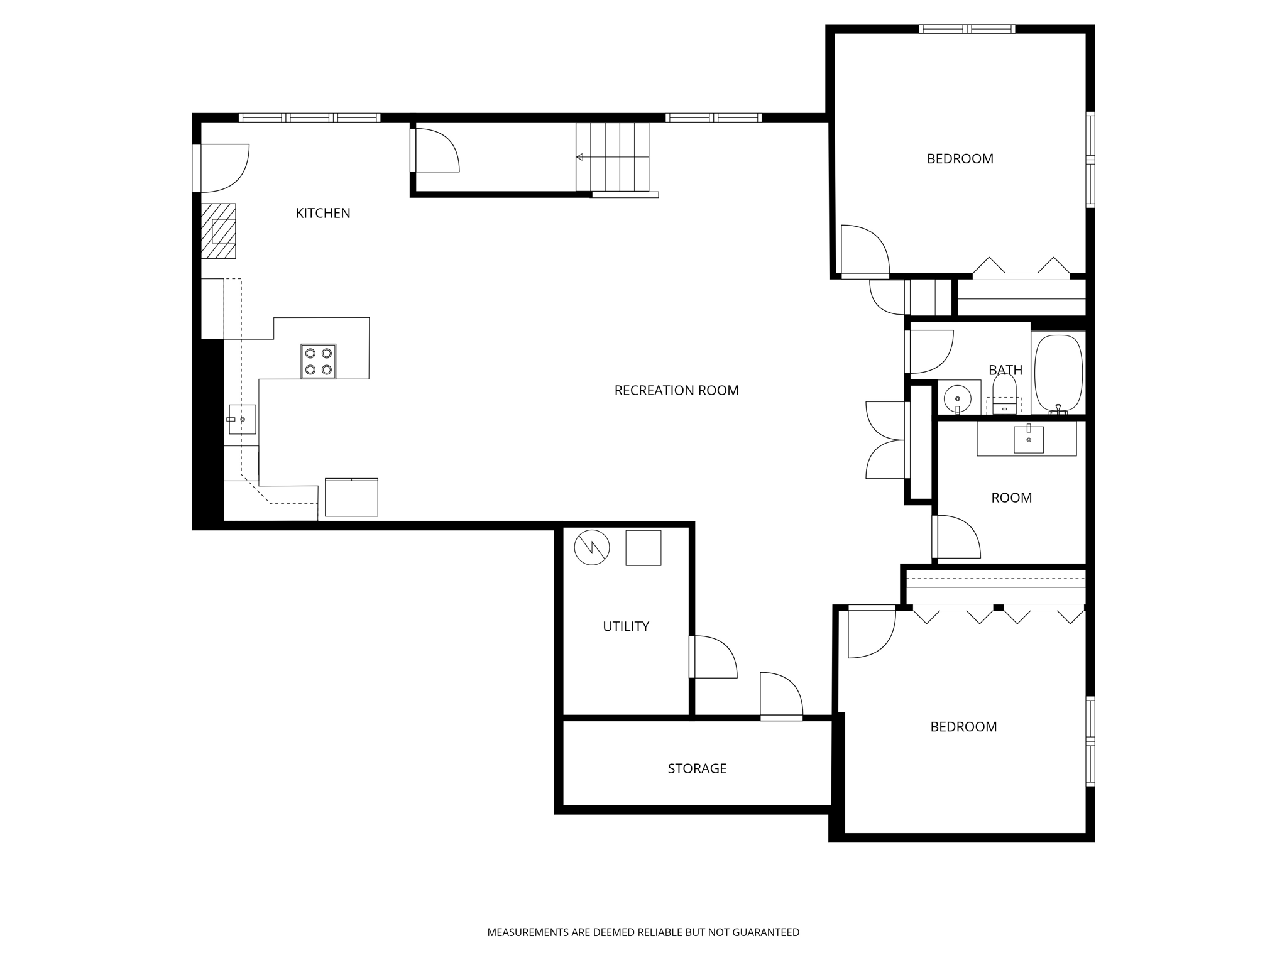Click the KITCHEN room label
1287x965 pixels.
click(x=323, y=213)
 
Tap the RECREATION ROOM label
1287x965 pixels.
click(x=676, y=390)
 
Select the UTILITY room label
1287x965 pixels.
click(x=625, y=626)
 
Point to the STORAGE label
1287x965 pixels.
click(x=697, y=768)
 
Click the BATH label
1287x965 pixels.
click(x=1005, y=370)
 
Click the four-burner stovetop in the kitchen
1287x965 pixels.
click(x=318, y=361)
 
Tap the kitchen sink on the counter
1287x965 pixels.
click(x=242, y=419)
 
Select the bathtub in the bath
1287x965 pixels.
click(x=1058, y=373)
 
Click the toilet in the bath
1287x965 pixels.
click(x=1004, y=393)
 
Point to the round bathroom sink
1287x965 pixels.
click(x=958, y=398)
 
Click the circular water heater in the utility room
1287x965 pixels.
click(x=592, y=547)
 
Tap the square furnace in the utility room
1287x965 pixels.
click(x=643, y=548)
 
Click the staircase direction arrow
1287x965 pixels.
click(x=579, y=157)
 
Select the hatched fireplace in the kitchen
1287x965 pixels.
click(x=218, y=231)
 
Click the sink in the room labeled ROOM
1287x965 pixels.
click(x=1028, y=439)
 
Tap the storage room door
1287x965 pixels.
click(x=781, y=696)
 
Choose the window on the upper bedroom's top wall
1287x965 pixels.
click(x=967, y=29)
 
